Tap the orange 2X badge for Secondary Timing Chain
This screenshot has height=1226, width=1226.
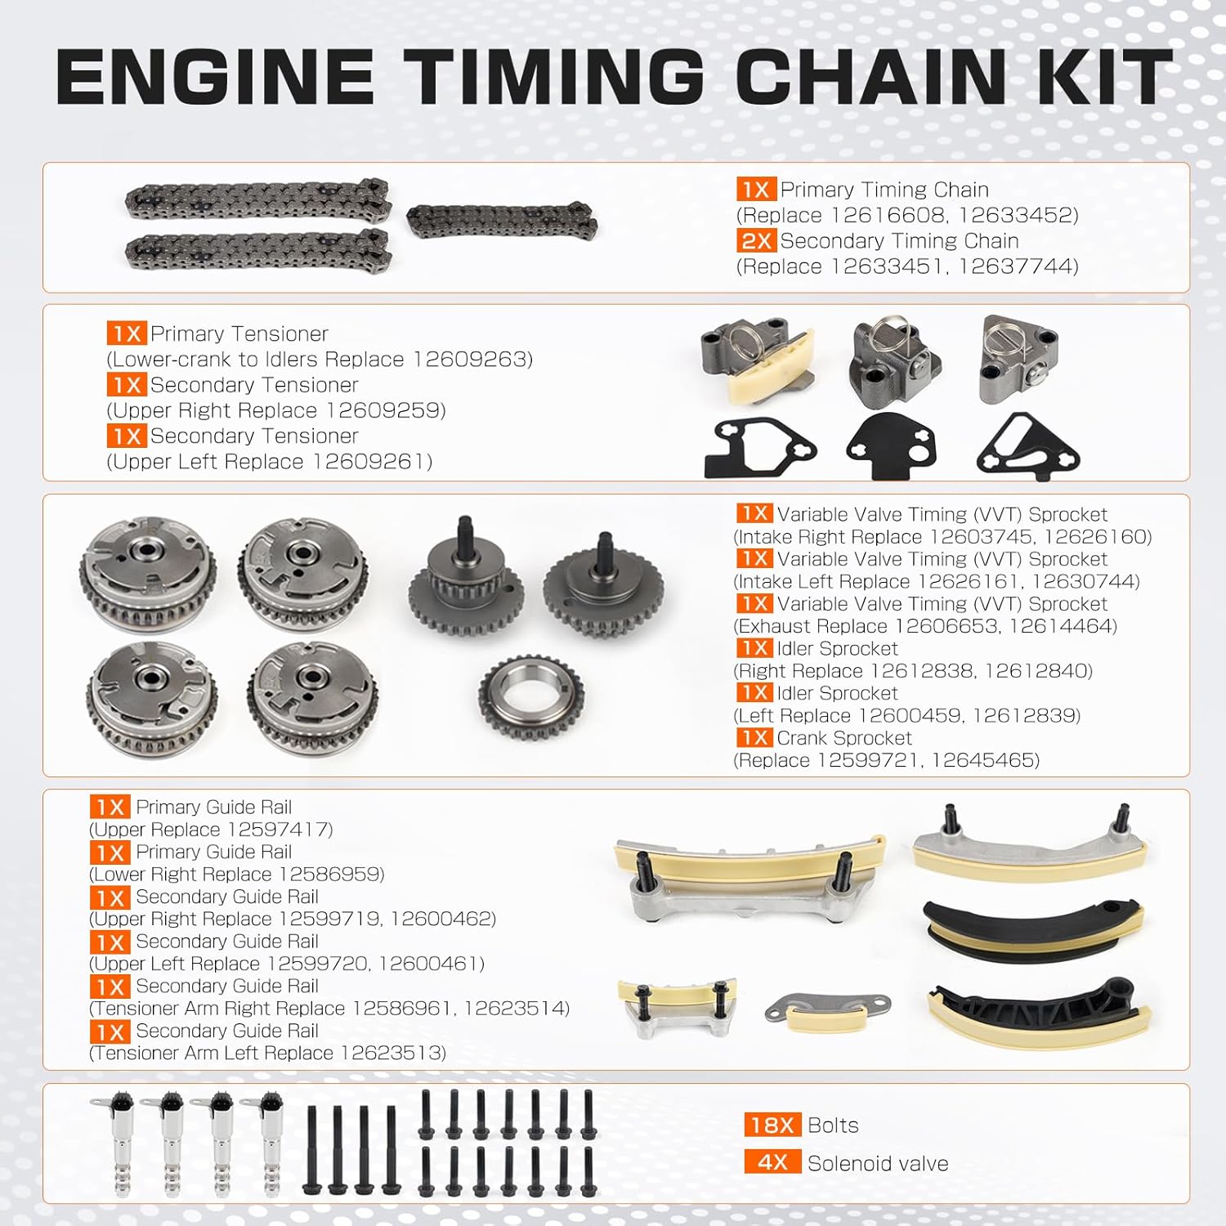pyautogui.click(x=756, y=241)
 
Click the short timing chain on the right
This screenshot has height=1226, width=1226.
pyautogui.click(x=502, y=221)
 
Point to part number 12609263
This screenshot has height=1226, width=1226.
pyautogui.click(x=472, y=360)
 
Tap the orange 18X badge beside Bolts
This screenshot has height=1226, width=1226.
pyautogui.click(x=772, y=1125)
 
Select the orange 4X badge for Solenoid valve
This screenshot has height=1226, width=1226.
pyautogui.click(x=772, y=1163)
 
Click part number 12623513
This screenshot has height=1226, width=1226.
pyautogui.click(x=392, y=1054)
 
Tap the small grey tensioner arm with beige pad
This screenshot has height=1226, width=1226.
pyautogui.click(x=827, y=1010)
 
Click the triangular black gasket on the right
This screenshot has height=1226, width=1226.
pyautogui.click(x=1027, y=446)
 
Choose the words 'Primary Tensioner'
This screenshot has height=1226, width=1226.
pyautogui.click(x=239, y=334)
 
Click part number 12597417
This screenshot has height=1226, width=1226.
pyautogui.click(x=279, y=830)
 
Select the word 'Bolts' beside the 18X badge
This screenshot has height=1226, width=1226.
pyautogui.click(x=832, y=1125)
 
